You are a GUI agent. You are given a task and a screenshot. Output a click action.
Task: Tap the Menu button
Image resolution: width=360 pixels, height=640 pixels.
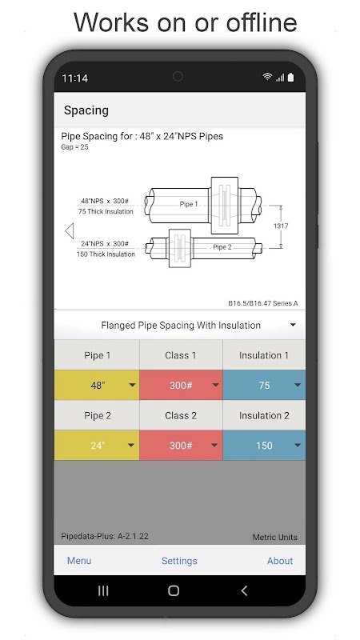tap(79, 561)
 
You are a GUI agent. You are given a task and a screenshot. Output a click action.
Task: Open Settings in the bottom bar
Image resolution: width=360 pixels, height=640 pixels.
tap(179, 561)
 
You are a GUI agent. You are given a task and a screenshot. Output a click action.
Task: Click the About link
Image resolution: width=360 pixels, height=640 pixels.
tap(279, 561)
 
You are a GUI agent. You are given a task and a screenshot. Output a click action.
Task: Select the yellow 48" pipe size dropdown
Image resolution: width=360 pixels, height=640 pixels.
tap(97, 385)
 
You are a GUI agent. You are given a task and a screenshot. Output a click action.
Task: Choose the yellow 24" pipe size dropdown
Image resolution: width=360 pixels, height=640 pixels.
tap(97, 446)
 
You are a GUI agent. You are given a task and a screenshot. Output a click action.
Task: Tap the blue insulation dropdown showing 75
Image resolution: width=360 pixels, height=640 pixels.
tap(264, 385)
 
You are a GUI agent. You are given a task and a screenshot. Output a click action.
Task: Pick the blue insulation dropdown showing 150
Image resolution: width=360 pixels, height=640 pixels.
tap(264, 446)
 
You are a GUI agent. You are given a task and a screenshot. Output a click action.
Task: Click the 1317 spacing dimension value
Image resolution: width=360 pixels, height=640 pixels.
tap(281, 226)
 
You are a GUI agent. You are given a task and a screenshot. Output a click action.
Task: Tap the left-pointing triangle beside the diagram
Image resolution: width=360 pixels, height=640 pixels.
tap(70, 230)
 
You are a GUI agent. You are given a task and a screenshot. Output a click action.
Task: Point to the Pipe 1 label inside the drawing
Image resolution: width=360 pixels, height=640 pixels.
tap(189, 204)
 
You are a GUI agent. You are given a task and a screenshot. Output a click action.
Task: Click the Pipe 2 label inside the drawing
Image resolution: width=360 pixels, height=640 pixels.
tap(222, 247)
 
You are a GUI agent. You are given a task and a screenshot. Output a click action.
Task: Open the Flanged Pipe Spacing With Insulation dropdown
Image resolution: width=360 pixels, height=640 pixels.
tap(180, 326)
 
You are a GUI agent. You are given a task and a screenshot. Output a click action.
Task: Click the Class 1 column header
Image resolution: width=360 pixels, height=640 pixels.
tap(181, 355)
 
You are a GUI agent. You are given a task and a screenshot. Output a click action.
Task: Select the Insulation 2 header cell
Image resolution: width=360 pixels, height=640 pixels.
tap(264, 415)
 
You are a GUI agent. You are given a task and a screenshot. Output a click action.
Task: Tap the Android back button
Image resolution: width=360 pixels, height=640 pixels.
tap(244, 590)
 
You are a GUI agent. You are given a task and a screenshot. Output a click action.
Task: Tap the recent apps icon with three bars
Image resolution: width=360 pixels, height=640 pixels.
tap(103, 590)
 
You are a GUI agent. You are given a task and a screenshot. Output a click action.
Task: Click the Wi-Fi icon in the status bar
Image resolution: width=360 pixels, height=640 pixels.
tap(267, 77)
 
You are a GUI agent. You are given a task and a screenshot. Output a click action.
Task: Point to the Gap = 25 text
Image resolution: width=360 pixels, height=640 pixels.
tap(74, 147)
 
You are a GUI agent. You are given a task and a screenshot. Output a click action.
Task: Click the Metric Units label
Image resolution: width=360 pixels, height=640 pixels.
tap(274, 537)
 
